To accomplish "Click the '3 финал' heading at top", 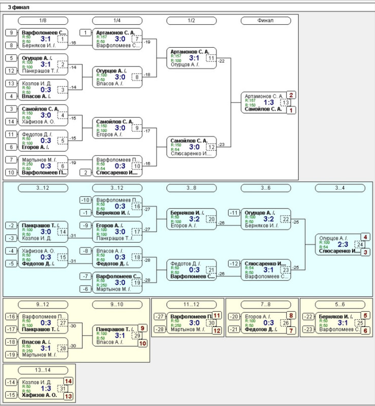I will [18, 8].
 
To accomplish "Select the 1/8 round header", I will [43, 20].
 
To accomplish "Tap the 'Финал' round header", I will [265, 20].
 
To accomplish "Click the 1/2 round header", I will [191, 20].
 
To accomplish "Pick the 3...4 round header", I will [339, 188].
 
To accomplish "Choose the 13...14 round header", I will [43, 369].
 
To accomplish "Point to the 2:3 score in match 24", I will [343, 245].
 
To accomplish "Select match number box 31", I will [62, 389].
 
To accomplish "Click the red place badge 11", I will [216, 315].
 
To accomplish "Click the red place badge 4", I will [365, 237].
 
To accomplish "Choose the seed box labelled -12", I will [234, 263].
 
